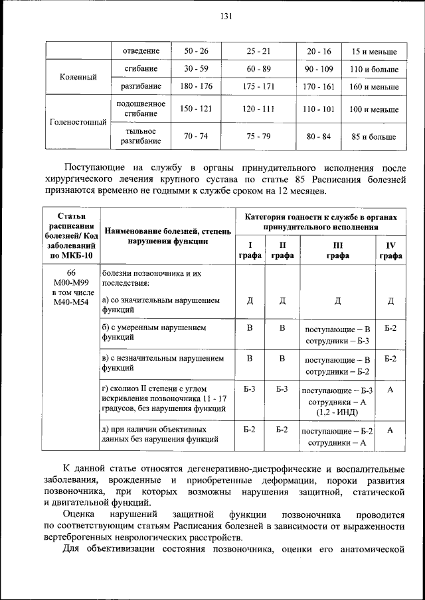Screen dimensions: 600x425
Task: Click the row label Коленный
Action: coord(78,78)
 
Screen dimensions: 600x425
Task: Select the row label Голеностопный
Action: coord(78,122)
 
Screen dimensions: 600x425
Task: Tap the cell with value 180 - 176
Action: coord(196,86)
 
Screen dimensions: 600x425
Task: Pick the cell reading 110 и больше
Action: coord(373,69)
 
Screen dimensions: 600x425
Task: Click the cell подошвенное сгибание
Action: coord(140,109)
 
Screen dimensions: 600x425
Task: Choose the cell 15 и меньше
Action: coord(373,51)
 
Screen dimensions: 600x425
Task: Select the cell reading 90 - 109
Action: coord(318,69)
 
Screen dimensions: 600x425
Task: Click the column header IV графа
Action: coord(390,250)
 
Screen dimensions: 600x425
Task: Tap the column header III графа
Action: coord(337,250)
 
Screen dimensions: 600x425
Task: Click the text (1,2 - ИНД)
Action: coord(337,412)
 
